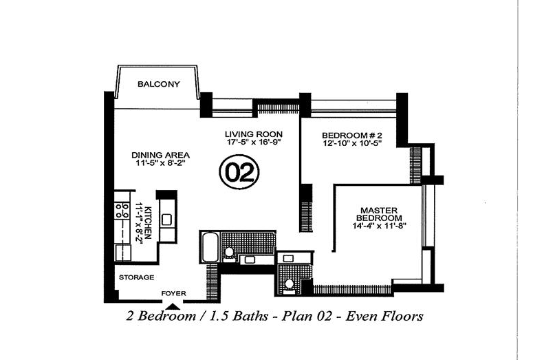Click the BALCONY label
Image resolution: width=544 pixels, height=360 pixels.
click(x=159, y=84)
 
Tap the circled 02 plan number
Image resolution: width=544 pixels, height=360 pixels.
click(x=239, y=172)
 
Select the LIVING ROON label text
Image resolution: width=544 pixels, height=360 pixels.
click(x=254, y=134)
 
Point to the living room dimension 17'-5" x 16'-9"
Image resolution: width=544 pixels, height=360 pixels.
click(x=254, y=142)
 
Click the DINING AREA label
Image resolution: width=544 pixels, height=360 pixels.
click(x=160, y=155)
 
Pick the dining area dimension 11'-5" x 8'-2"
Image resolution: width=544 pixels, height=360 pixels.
click(x=160, y=163)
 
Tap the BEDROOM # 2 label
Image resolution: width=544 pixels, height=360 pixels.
click(x=352, y=135)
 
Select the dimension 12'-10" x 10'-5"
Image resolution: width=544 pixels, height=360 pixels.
click(x=352, y=143)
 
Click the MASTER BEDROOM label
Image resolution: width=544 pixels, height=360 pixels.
click(x=379, y=214)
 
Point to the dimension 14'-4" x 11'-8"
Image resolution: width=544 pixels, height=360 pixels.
click(x=379, y=226)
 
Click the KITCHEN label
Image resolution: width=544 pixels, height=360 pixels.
click(x=148, y=222)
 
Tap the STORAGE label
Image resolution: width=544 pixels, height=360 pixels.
click(x=136, y=277)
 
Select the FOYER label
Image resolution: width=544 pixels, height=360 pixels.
click(x=173, y=293)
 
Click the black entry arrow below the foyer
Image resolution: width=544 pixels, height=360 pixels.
click(x=173, y=306)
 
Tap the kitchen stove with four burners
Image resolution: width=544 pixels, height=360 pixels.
click(x=122, y=211)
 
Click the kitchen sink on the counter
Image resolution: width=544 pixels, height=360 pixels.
click(x=166, y=220)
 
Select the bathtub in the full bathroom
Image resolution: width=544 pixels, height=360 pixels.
click(x=210, y=247)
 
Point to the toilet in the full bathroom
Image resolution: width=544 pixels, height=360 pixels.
click(x=228, y=253)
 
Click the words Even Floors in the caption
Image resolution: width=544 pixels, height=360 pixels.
click(x=384, y=316)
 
